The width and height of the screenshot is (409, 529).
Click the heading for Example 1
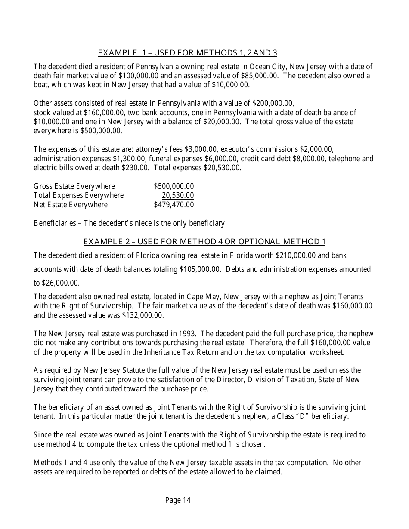(187, 53)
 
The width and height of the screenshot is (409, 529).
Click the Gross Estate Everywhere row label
(74, 186)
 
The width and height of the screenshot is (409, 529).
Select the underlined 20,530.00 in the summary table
(178, 195)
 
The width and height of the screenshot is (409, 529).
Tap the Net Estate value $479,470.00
(174, 205)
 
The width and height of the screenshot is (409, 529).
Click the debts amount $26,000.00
(61, 283)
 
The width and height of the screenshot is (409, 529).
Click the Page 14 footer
(178, 500)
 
